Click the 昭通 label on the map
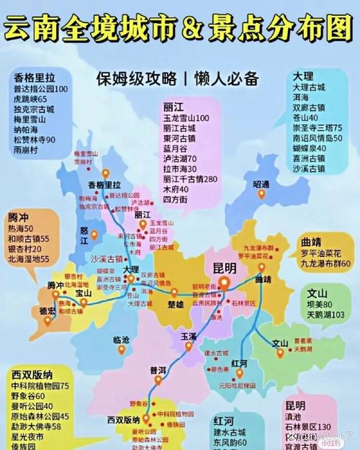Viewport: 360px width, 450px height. click(x=261, y=184)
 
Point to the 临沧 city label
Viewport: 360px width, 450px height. click(x=122, y=338)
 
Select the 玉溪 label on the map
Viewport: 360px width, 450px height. click(x=189, y=336)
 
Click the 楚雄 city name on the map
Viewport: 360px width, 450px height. click(x=176, y=303)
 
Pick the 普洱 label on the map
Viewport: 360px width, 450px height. click(x=158, y=369)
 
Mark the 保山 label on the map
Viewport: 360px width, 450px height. click(x=84, y=293)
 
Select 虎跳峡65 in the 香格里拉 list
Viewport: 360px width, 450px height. click(x=30, y=99)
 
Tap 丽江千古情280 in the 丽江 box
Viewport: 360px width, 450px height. click(x=190, y=179)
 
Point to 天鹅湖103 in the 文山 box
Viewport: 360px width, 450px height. click(x=318, y=315)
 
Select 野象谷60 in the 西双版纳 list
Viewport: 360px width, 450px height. click(x=29, y=395)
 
